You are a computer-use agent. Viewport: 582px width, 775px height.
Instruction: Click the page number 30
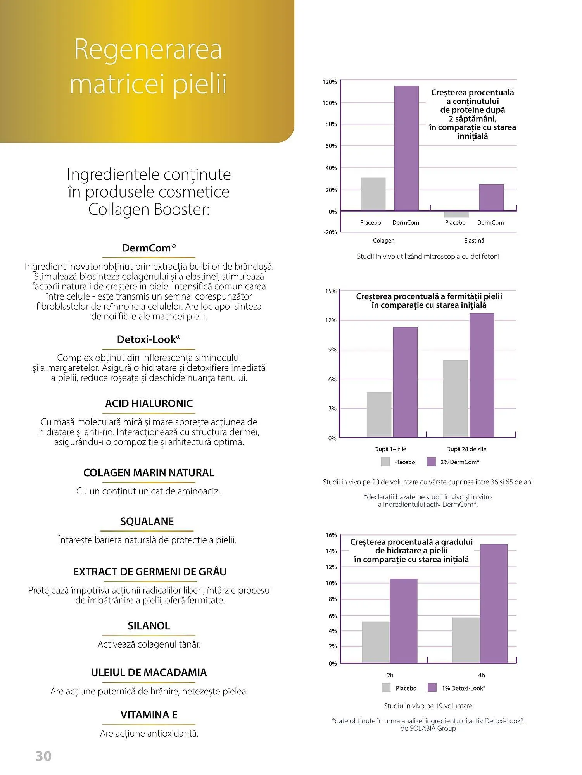coord(43,756)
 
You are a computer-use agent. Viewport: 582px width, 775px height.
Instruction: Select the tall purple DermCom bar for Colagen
coord(406,148)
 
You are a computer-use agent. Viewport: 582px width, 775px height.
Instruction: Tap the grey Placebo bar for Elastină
coord(456,215)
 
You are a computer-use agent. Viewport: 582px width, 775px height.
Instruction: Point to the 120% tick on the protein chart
coord(330,82)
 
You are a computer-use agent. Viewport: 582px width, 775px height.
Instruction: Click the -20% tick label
coord(330,232)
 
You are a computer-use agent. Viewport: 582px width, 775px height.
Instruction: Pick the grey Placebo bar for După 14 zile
coord(379,415)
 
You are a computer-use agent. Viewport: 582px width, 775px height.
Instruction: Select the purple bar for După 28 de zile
coord(482,375)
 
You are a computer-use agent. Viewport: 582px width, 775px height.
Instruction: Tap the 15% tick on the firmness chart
coord(331,291)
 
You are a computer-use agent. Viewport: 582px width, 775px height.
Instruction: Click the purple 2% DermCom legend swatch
coord(431,462)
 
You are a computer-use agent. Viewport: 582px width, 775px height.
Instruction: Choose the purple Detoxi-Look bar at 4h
coord(494,603)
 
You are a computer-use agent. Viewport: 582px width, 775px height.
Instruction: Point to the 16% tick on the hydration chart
coord(331,535)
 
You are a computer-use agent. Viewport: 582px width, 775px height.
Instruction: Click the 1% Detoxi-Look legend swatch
coord(432,687)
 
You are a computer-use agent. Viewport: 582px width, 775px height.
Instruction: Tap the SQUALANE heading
coord(147,522)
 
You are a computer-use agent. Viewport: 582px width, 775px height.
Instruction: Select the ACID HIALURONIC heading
coord(149,404)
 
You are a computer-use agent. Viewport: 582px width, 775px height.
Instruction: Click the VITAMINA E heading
coord(149,715)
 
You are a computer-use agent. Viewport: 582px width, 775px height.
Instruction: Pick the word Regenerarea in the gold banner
coord(148,50)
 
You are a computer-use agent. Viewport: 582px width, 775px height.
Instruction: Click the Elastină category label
coord(474,241)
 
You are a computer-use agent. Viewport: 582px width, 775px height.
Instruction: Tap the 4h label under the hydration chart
coord(481,675)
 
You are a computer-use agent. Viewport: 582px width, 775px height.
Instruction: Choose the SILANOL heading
coord(149,626)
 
